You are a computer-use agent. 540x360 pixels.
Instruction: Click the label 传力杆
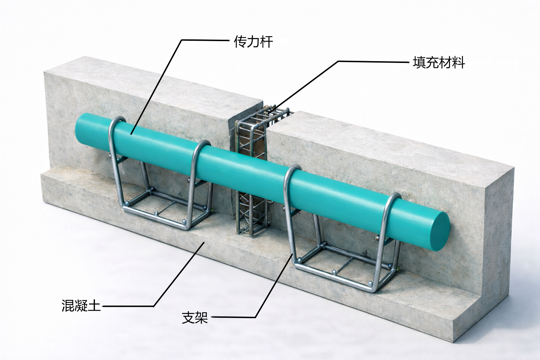click(253, 42)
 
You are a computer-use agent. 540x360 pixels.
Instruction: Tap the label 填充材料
click(439, 63)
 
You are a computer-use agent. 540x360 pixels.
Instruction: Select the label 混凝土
click(81, 306)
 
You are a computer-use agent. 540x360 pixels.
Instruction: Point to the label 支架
click(195, 317)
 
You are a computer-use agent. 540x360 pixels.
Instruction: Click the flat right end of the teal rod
click(439, 231)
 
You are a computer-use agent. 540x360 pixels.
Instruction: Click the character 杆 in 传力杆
click(266, 42)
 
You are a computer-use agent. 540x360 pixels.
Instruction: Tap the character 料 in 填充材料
click(458, 63)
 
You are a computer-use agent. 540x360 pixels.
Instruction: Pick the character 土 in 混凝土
click(94, 306)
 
